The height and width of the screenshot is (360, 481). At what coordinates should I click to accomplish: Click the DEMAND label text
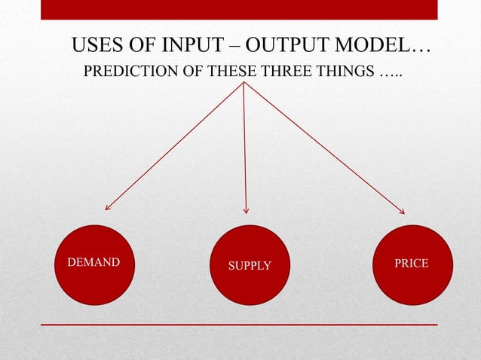93,263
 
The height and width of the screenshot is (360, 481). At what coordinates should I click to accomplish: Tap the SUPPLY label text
250,266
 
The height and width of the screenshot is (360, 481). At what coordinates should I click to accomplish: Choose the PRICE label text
412,263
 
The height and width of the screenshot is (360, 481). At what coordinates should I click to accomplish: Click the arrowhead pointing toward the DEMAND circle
108,207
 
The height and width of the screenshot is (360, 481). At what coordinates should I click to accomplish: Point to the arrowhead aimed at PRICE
401,212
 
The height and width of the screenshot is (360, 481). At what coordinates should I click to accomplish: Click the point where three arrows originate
244,84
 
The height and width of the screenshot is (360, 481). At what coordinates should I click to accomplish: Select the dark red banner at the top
238,9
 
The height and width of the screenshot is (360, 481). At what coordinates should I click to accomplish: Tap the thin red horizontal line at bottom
238,325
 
